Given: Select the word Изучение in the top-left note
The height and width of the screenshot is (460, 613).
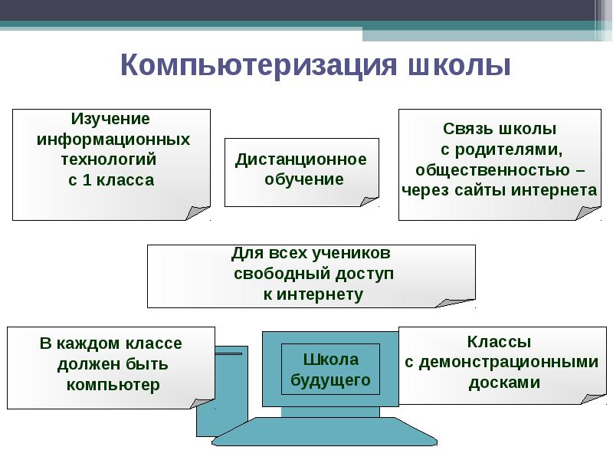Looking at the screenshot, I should pos(110,120).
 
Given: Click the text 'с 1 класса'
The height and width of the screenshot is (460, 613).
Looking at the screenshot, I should pos(111,181).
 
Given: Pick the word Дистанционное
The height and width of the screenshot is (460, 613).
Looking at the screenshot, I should pos(301,159).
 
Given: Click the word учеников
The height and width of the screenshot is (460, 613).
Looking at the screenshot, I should pos(353,253).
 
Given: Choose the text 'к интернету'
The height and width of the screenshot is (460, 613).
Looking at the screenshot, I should pos(313,294).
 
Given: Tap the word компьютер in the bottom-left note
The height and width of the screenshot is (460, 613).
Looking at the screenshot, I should pos(113,384).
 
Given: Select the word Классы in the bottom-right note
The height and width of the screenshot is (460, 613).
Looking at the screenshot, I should pos(499,341).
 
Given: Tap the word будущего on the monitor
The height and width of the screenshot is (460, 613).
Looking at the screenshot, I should pos(330,379).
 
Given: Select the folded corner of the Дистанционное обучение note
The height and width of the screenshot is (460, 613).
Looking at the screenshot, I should pos(369,201).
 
